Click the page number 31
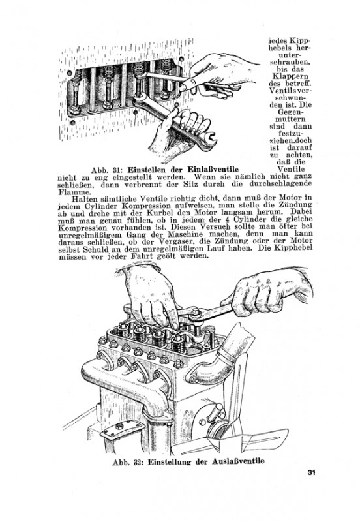click(x=311, y=472)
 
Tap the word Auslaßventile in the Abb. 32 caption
click(x=239, y=461)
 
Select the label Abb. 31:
click(x=107, y=170)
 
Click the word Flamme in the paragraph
click(x=69, y=192)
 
